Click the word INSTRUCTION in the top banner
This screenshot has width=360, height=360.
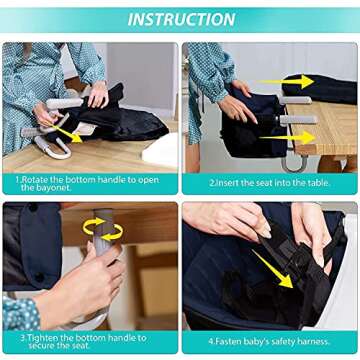click(180, 19)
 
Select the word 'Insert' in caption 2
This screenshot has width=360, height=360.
click(227, 184)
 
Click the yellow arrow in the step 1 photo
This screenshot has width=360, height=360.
click(69, 133)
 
